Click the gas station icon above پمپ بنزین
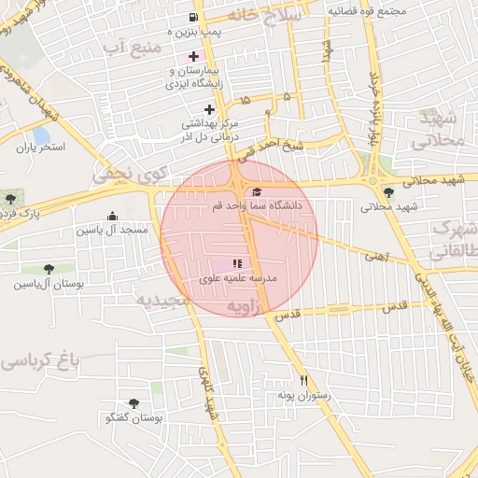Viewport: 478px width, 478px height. coord(193,17)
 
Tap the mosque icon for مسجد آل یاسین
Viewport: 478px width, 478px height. coord(113,216)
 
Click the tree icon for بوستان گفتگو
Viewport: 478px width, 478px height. coord(134,404)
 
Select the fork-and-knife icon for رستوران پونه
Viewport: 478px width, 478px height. coord(302,381)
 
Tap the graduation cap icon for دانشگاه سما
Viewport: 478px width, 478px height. coord(257,191)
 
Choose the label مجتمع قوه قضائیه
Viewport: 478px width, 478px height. coord(366,11)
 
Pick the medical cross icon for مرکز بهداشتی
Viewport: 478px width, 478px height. coord(210,109)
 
